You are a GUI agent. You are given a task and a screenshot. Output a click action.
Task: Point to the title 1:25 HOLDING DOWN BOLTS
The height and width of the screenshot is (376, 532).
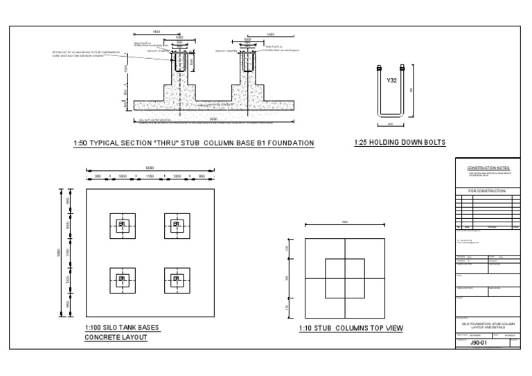399,143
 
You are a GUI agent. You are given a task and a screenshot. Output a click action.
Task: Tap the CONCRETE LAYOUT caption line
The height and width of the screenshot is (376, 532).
116,338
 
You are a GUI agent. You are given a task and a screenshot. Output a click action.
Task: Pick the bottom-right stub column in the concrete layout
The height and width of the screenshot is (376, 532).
177,280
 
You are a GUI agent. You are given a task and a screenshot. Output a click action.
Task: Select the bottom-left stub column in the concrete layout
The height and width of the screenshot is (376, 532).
123,280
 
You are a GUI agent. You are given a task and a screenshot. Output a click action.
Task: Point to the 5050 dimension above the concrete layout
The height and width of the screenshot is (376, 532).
149,167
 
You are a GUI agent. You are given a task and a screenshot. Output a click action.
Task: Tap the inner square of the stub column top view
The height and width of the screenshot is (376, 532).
345,278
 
